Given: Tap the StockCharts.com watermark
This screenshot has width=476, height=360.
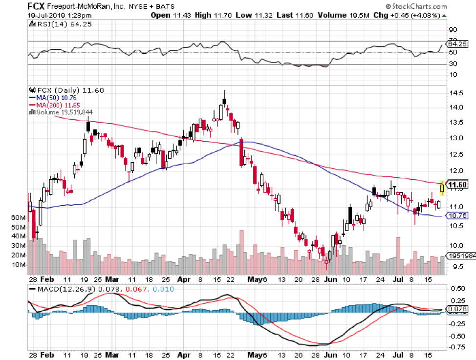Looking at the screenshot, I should pos(418,7).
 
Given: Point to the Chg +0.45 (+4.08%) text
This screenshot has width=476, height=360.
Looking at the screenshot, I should pos(419,16).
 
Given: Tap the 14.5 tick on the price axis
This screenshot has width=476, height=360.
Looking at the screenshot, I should pos(456,93).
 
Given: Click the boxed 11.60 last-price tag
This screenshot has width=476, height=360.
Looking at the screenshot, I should pos(458,185).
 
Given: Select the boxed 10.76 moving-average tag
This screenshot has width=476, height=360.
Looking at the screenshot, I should pos(458,215).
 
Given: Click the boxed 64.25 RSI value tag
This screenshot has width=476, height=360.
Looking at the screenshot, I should pos(458,43).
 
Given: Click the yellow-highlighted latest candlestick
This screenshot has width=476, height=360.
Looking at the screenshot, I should pos(442,187).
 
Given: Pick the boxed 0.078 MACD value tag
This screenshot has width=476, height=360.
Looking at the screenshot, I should pos(458,309).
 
